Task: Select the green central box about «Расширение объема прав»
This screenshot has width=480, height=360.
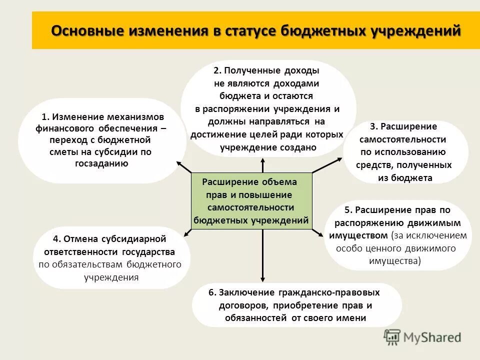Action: pyautogui.click(x=251, y=200)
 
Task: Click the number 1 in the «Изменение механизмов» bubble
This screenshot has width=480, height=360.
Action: pyautogui.click(x=45, y=117)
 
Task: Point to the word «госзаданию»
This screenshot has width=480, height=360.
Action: pyautogui.click(x=101, y=163)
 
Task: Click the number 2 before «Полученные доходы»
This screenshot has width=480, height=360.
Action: pyautogui.click(x=216, y=71)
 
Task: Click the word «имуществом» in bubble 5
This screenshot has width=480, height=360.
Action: pyautogui.click(x=358, y=235)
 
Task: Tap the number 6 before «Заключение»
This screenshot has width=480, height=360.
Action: pyautogui.click(x=212, y=292)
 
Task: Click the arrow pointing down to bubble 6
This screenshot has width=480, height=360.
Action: pyautogui.click(x=262, y=265)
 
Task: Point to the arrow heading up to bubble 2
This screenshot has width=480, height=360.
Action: pyautogui.click(x=263, y=165)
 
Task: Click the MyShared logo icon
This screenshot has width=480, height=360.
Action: pyautogui.click(x=392, y=337)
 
